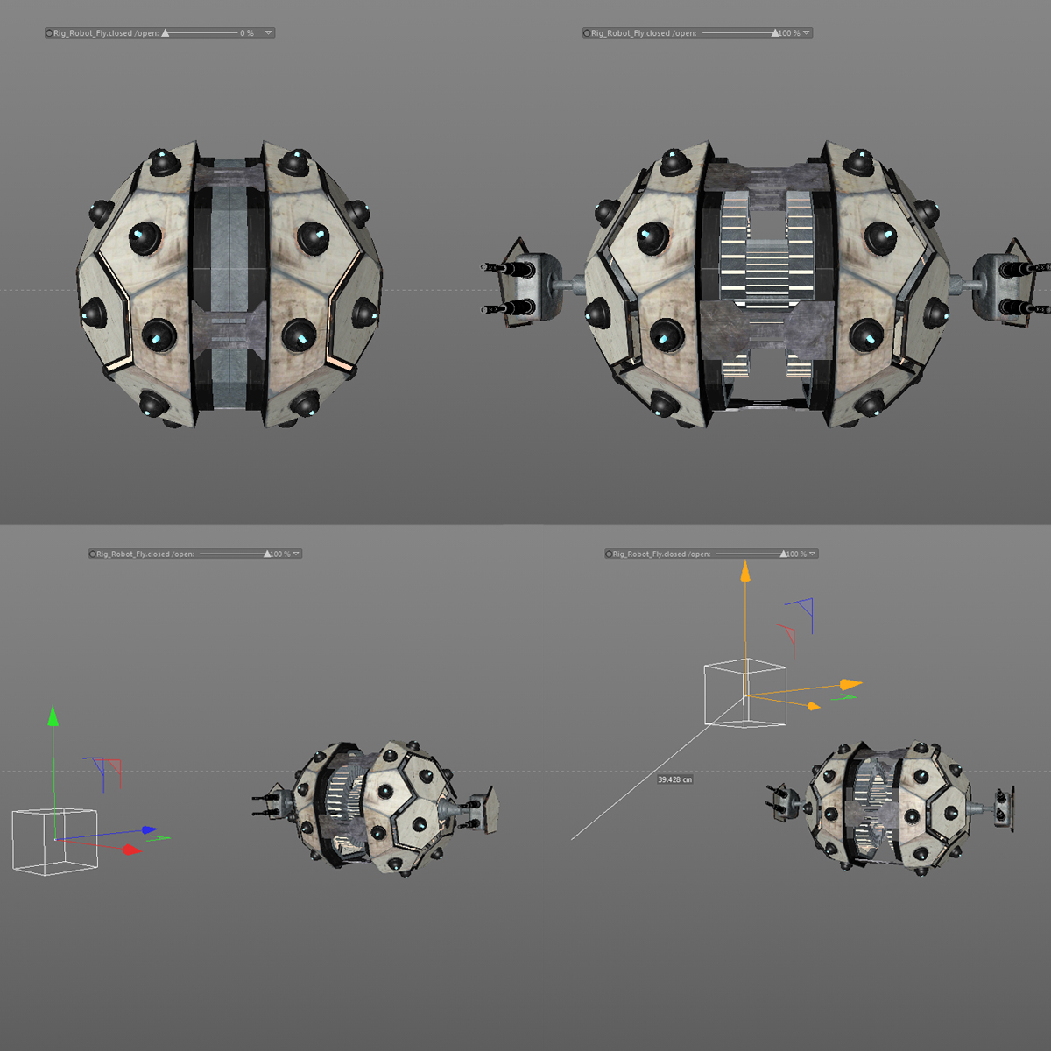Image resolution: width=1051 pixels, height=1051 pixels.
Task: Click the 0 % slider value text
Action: click(247, 33)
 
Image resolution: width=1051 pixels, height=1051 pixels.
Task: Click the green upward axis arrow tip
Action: click(53, 716)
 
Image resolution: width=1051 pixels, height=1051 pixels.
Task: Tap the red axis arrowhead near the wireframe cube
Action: click(131, 849)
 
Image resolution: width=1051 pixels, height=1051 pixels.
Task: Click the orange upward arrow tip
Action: click(745, 571)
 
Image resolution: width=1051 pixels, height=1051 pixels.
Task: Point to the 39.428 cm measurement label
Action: click(674, 779)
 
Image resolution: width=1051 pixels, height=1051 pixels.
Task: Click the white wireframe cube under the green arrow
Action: click(54, 840)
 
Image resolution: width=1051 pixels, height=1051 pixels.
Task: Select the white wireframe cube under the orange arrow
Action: click(744, 694)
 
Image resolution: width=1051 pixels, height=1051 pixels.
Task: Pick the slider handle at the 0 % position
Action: click(166, 33)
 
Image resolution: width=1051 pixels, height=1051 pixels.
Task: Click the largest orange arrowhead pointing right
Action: click(850, 684)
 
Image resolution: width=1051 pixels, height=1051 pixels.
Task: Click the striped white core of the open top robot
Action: click(763, 280)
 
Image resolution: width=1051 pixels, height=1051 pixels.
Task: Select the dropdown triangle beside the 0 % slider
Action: click(268, 33)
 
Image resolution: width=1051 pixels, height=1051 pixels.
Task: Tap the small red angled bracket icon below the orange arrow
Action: click(786, 635)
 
